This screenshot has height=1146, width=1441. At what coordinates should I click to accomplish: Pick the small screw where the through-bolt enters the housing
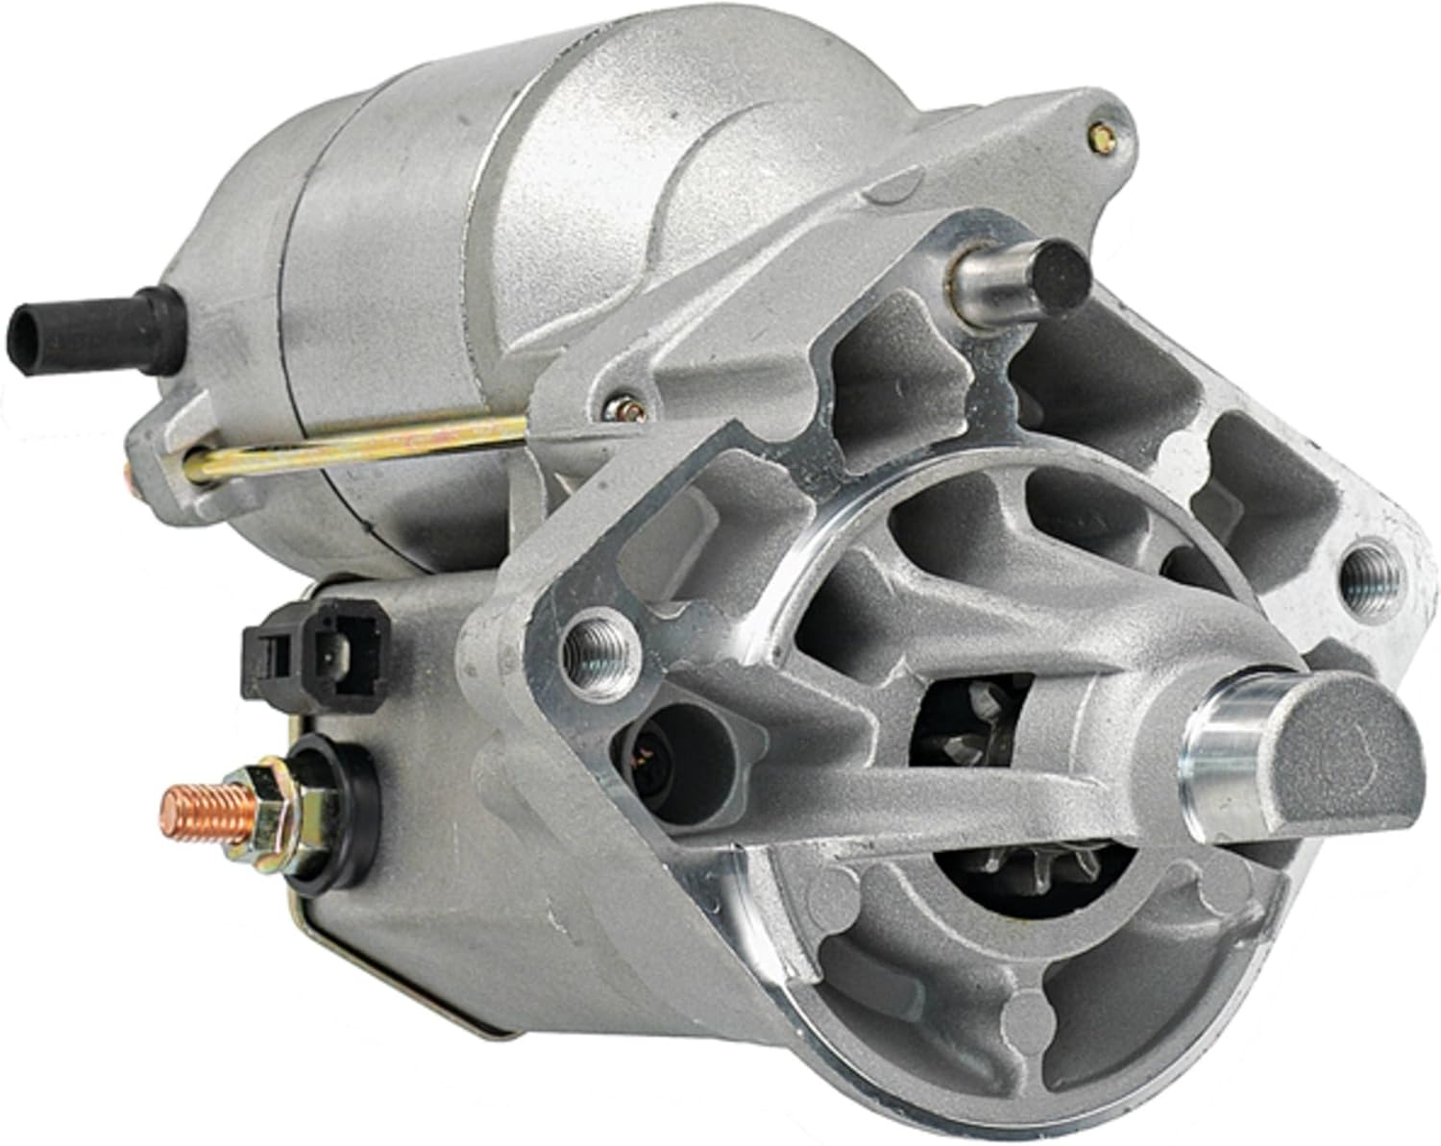point(625,409)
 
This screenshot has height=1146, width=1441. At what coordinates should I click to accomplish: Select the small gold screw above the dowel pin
point(1104,138)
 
